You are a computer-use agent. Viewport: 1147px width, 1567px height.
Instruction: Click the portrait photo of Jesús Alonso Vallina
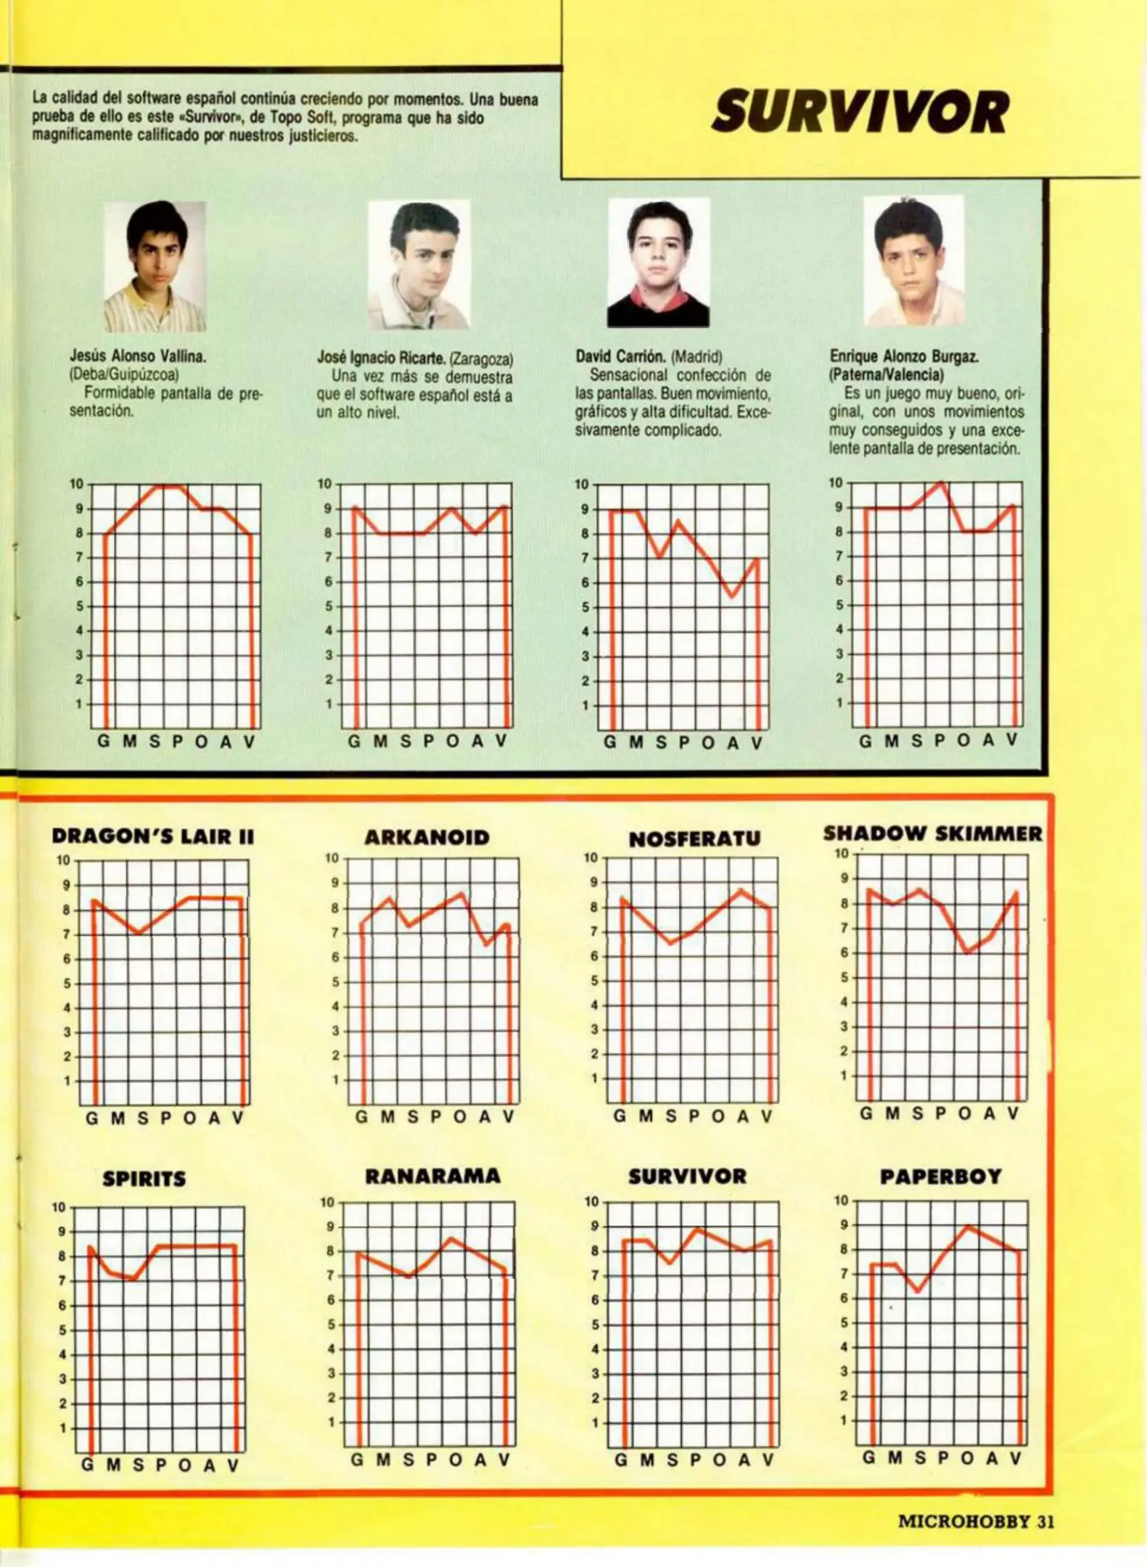[155, 266]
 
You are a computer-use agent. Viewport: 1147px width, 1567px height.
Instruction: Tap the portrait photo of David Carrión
[658, 263]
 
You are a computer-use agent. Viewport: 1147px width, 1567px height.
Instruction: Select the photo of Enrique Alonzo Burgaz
[913, 261]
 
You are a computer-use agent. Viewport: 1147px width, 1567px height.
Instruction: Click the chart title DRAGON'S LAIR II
[153, 836]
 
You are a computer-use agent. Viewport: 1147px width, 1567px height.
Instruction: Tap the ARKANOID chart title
[427, 837]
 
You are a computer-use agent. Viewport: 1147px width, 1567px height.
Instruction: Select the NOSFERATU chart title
[694, 839]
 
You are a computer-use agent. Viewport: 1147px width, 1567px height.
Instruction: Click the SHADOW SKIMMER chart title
[932, 834]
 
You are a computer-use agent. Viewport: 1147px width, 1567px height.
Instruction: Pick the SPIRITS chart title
[144, 1179]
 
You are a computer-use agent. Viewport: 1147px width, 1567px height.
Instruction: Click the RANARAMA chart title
[432, 1176]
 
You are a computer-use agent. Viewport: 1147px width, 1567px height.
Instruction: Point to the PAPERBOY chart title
[940, 1177]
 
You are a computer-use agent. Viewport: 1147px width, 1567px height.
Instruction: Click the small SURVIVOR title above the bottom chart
[687, 1176]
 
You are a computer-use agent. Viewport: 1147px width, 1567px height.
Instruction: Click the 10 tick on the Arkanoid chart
[332, 858]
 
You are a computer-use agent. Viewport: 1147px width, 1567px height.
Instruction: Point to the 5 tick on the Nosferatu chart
[594, 981]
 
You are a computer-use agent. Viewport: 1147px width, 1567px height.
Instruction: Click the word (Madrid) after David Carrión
[696, 357]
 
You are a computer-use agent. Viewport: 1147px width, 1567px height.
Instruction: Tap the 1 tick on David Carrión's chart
[585, 705]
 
